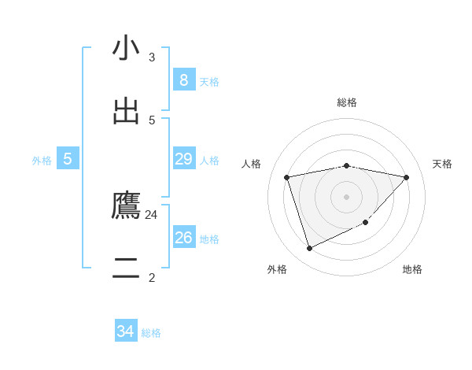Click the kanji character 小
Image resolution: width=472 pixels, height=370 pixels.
click(x=126, y=49)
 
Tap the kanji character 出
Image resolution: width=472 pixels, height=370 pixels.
click(x=126, y=112)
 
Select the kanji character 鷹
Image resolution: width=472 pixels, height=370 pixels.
click(x=126, y=206)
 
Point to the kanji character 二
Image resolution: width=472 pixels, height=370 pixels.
click(x=126, y=269)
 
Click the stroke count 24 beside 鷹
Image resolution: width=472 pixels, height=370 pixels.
click(x=151, y=214)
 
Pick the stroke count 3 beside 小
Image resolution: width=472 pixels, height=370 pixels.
click(x=152, y=57)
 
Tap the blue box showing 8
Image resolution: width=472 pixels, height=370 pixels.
click(x=183, y=80)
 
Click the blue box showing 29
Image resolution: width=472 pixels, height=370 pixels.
click(x=183, y=159)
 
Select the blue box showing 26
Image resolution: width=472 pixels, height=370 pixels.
click(x=183, y=238)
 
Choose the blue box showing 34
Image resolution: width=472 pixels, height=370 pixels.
click(x=126, y=331)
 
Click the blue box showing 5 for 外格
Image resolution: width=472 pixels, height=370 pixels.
click(x=68, y=159)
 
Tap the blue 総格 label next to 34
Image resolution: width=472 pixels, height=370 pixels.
click(x=151, y=333)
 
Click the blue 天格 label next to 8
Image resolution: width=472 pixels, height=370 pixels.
click(x=209, y=81)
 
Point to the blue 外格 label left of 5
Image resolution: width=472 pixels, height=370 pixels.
click(x=42, y=161)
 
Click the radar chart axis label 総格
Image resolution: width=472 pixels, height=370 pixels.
click(x=346, y=102)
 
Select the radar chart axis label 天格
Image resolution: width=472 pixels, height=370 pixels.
click(x=442, y=164)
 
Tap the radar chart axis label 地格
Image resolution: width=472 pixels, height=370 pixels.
click(x=412, y=269)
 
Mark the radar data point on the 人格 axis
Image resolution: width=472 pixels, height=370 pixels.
click(x=287, y=177)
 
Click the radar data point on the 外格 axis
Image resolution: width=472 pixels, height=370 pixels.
click(x=309, y=249)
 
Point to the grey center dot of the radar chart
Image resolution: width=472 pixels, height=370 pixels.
click(x=346, y=196)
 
